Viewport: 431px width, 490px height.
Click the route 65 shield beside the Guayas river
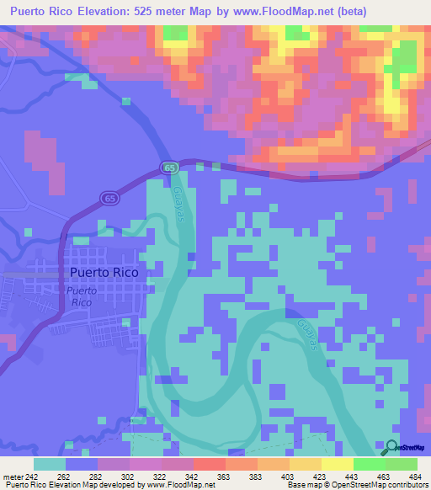click(x=170, y=168)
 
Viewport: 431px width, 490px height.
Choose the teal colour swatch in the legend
click(x=50, y=464)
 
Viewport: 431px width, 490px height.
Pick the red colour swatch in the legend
click(x=209, y=464)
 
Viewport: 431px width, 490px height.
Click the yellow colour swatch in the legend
click(x=337, y=464)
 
